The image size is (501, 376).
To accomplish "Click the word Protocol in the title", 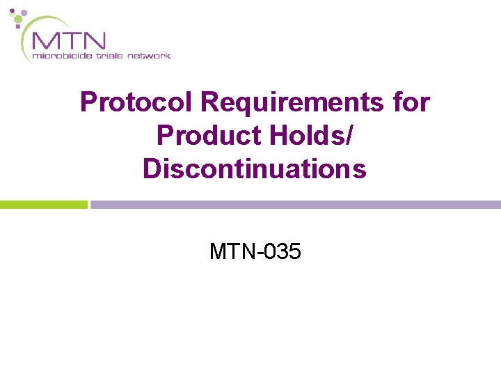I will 137,102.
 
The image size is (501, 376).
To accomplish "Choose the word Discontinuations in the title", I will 255,169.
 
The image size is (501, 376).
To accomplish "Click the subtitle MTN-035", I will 255,251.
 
